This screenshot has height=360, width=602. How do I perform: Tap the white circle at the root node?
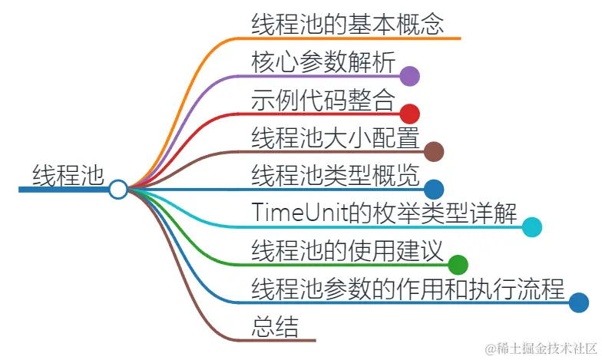click(117, 189)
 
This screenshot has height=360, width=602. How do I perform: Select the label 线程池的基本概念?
click(347, 23)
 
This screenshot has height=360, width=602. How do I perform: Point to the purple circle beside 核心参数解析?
click(409, 75)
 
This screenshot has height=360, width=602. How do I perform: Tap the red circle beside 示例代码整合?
click(409, 114)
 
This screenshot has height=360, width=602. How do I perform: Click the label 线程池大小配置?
click(335, 138)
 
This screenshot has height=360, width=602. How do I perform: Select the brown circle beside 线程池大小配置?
click(434, 151)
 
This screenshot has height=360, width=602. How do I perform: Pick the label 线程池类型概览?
click(335, 176)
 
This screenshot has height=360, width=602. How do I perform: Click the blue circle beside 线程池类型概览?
click(434, 189)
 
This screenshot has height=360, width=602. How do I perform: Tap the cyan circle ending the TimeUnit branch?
click(532, 227)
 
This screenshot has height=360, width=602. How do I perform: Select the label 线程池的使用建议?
click(347, 251)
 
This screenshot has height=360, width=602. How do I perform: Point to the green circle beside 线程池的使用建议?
click(458, 265)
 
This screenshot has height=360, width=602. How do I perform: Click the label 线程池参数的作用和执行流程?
click(408, 289)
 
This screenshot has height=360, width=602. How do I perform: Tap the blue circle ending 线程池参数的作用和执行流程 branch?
click(579, 302)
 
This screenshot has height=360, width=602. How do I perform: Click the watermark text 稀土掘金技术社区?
click(538, 348)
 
